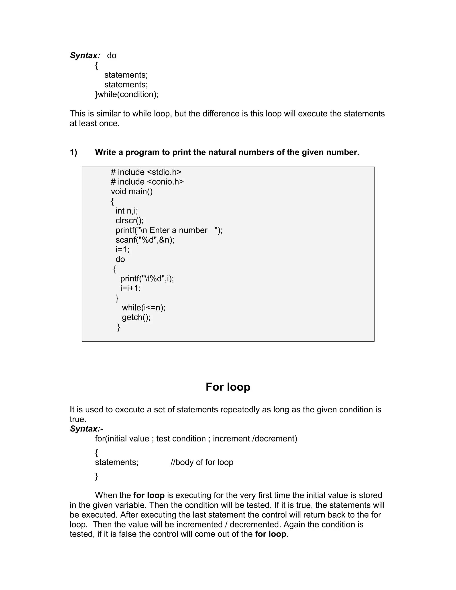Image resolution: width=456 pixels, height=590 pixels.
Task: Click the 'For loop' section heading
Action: tap(228, 387)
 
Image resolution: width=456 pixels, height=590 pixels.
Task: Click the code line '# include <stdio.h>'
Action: tap(146, 172)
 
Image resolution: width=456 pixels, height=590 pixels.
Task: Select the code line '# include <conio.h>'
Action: tap(147, 182)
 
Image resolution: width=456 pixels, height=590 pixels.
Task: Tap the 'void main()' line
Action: tap(132, 191)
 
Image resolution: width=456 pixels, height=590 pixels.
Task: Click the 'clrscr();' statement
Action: tap(129, 220)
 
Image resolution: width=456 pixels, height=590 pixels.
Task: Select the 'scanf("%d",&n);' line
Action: tap(145, 240)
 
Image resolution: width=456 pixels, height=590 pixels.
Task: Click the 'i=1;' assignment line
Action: tap(122, 249)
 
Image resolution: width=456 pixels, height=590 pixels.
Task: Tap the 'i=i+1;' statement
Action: tap(130, 288)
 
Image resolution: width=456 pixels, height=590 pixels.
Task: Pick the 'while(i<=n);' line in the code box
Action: tap(143, 308)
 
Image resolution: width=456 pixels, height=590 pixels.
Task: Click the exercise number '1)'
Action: tap(73, 152)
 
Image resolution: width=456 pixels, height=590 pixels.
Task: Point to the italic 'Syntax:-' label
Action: tap(86, 429)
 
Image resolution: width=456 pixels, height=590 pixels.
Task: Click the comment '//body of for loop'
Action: tap(202, 462)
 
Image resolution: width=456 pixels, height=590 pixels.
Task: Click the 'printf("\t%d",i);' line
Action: tap(147, 279)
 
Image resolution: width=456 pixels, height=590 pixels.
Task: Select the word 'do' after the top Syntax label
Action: tap(112, 55)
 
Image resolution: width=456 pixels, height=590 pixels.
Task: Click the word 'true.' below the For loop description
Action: tap(78, 419)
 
